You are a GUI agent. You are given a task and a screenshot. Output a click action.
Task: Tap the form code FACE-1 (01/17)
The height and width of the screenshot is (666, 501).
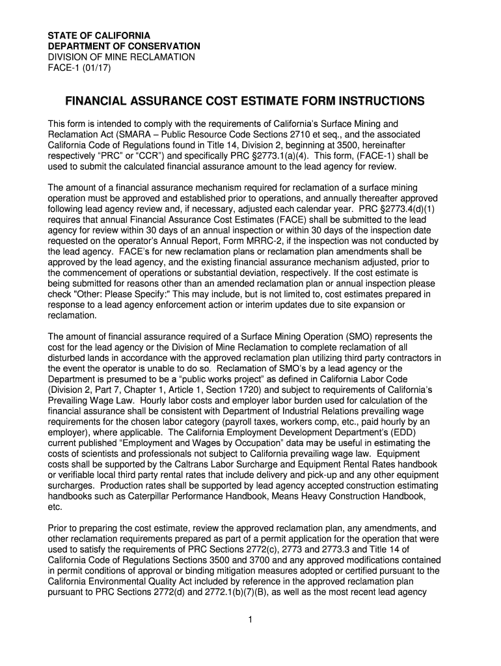(x=79, y=68)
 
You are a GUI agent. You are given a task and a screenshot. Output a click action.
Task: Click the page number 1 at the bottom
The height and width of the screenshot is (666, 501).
(x=250, y=619)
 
